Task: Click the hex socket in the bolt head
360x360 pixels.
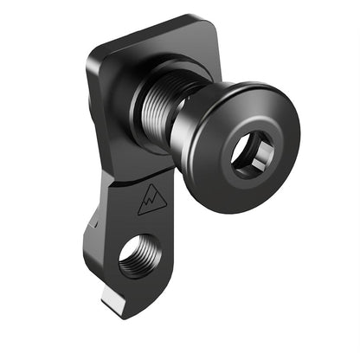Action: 252,154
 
